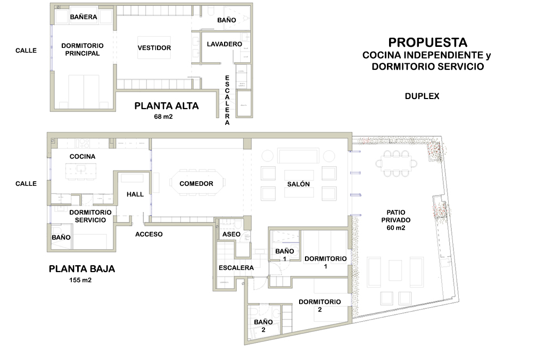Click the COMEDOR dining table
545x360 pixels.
197,183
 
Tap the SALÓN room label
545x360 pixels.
298,184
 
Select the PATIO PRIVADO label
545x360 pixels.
396,220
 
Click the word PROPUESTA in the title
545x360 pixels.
427,43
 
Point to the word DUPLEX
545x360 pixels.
422,96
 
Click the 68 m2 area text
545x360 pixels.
163,117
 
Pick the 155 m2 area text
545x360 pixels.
80,280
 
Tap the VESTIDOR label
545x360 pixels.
154,48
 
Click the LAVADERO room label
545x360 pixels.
225,44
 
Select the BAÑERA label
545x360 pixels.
84,17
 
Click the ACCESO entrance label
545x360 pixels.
149,234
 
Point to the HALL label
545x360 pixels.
135,194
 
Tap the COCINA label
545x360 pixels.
82,157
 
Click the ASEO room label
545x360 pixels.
231,234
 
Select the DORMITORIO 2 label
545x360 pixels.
320,305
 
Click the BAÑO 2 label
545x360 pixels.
263,325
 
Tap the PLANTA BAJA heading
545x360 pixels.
81,268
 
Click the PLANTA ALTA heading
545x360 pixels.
167,106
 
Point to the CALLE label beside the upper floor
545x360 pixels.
26,51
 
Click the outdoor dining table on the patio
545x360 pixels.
396,163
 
